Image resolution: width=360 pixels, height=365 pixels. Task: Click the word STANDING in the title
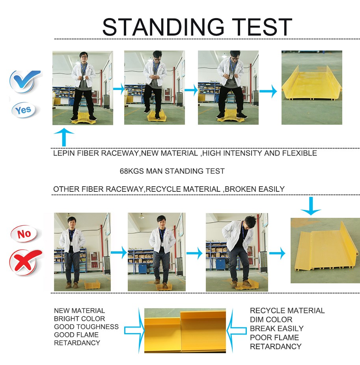tap(163, 27)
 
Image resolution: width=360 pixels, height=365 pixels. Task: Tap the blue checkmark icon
tap(25, 81)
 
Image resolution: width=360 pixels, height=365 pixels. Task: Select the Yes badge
tap(24, 110)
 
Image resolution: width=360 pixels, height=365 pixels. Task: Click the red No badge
tap(24, 234)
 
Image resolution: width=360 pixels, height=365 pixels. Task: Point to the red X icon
tap(25, 262)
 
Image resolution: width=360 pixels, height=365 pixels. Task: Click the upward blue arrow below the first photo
tap(63, 137)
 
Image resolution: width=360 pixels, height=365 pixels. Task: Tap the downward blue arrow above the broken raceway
tap(311, 206)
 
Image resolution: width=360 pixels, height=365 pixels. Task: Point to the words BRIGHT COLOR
tap(79, 319)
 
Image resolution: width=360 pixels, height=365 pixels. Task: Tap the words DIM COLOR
tap(271, 319)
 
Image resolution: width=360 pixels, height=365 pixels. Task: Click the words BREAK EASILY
tap(277, 328)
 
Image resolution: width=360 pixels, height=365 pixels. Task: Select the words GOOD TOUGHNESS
tap(86, 327)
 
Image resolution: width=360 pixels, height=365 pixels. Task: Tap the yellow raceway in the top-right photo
tap(312, 85)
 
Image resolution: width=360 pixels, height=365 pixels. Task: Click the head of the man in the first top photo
tap(84, 57)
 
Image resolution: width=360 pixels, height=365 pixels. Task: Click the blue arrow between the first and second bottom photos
tap(119, 253)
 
